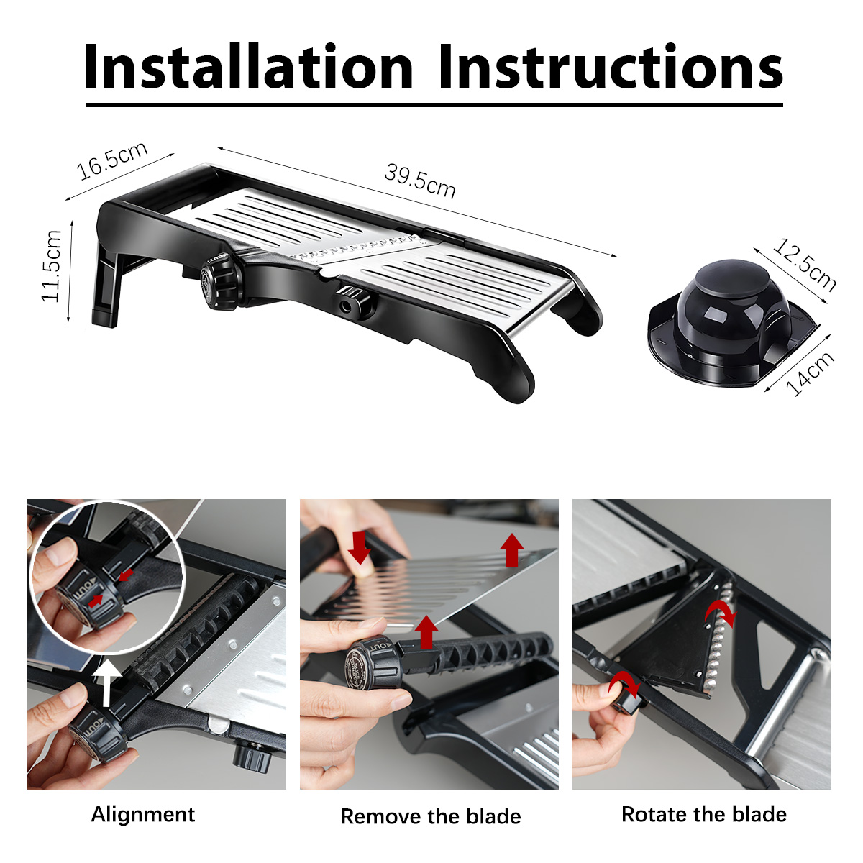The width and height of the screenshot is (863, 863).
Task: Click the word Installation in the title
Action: click(x=248, y=66)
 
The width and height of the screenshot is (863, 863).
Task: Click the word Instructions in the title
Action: click(x=611, y=66)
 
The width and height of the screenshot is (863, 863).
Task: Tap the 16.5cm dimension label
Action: click(x=112, y=161)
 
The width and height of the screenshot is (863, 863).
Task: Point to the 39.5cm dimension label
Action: click(x=419, y=181)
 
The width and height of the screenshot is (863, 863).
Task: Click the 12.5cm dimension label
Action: click(x=804, y=265)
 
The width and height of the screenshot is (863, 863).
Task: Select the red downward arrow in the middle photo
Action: click(x=360, y=547)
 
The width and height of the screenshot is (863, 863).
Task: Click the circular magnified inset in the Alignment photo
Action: click(x=106, y=577)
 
